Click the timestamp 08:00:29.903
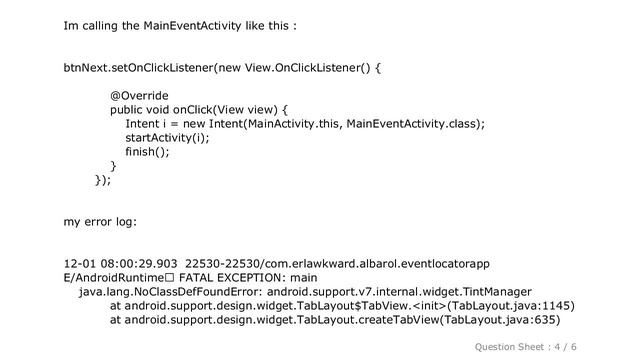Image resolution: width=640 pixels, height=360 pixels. point(134,264)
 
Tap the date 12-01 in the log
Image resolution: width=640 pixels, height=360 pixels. point(78,264)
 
